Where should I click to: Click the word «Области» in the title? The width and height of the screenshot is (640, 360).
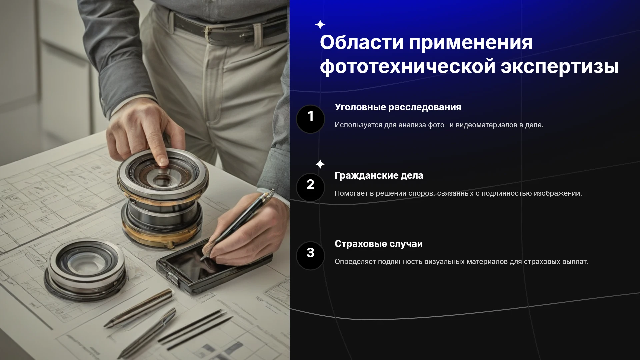pyautogui.click(x=362, y=42)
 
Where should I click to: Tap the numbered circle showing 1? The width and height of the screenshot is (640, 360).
pyautogui.click(x=310, y=119)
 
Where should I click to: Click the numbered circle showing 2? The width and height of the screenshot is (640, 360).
pyautogui.click(x=310, y=187)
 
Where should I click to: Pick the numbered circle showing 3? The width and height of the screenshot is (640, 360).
pyautogui.click(x=310, y=256)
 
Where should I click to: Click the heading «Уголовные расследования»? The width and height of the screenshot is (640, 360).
pyautogui.click(x=398, y=108)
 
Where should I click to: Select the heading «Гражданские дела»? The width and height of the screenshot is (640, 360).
pyautogui.click(x=379, y=176)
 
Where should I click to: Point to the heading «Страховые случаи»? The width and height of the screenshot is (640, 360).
pyautogui.click(x=379, y=244)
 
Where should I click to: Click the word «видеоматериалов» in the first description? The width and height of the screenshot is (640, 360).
pyautogui.click(x=486, y=125)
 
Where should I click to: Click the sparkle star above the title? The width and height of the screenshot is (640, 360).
pyautogui.click(x=320, y=25)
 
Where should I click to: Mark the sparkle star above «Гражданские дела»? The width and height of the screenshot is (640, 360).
pyautogui.click(x=320, y=164)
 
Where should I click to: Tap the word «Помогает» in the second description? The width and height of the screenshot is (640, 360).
pyautogui.click(x=351, y=194)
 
